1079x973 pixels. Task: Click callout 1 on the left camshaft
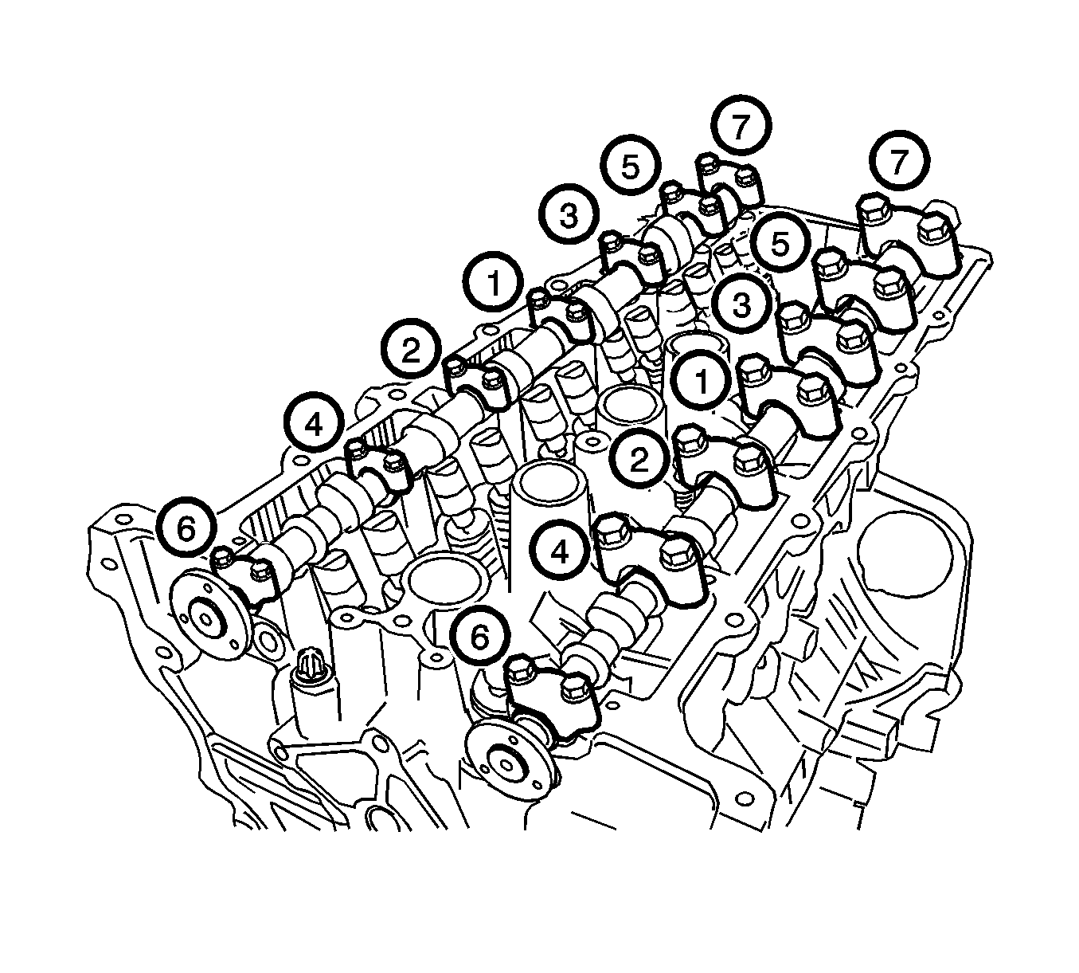[x=493, y=281]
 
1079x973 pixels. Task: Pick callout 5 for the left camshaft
[x=631, y=166]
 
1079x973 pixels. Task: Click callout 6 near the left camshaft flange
[x=186, y=529]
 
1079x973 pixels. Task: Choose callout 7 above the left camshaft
[x=741, y=127]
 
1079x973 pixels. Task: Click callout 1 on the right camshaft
[x=702, y=383]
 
